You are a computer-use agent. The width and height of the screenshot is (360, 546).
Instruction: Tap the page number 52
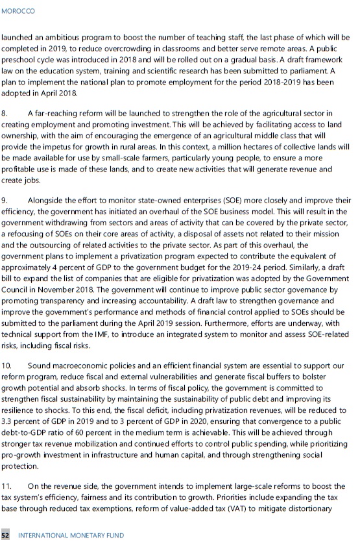(6, 536)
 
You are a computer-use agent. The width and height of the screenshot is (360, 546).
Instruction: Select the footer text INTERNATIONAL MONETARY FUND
(71, 536)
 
